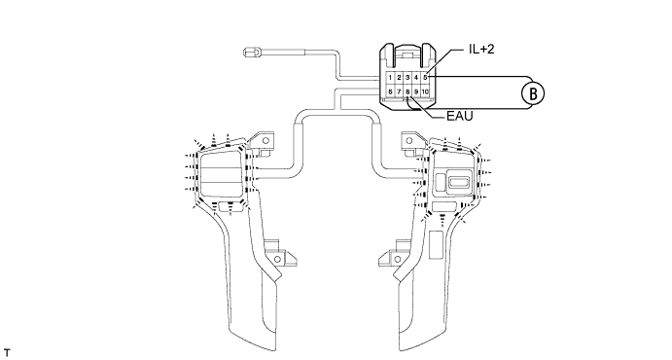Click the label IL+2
pos(481,50)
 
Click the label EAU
pos(459,116)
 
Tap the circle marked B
pos(533,93)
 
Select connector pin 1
pos(390,78)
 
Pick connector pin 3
pos(407,78)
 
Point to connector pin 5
pos(425,78)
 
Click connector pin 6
pos(390,91)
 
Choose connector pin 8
pos(407,91)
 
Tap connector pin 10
pos(425,91)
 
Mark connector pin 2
pos(399,78)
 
